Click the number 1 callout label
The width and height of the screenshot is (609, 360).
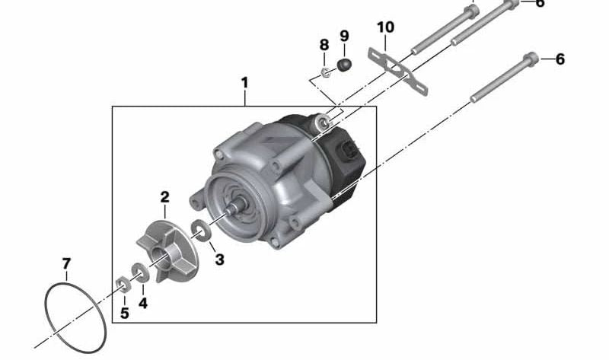(x=244, y=80)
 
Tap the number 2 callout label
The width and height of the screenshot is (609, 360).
(x=164, y=198)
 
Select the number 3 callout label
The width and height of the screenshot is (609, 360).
(x=219, y=260)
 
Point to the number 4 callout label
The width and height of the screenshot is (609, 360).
(x=143, y=302)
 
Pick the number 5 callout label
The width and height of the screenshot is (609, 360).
(x=124, y=312)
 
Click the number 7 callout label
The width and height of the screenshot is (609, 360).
(x=66, y=263)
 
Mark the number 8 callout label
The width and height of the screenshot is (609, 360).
(x=324, y=44)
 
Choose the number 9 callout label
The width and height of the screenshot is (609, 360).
(x=344, y=36)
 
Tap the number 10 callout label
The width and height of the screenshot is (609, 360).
(x=385, y=28)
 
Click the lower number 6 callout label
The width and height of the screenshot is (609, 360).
(x=560, y=59)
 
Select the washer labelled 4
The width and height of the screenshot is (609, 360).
(x=140, y=272)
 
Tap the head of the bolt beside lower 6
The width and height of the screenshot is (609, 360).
(x=531, y=58)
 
